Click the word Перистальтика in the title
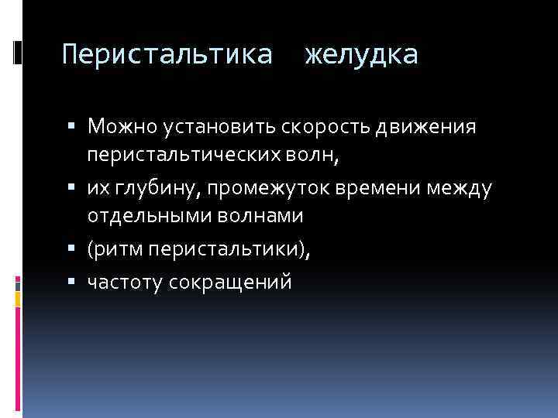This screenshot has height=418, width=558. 167,55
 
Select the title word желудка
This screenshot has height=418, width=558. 362,55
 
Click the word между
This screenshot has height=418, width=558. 461,188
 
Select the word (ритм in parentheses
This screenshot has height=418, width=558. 113,252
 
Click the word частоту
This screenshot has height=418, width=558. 123,283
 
